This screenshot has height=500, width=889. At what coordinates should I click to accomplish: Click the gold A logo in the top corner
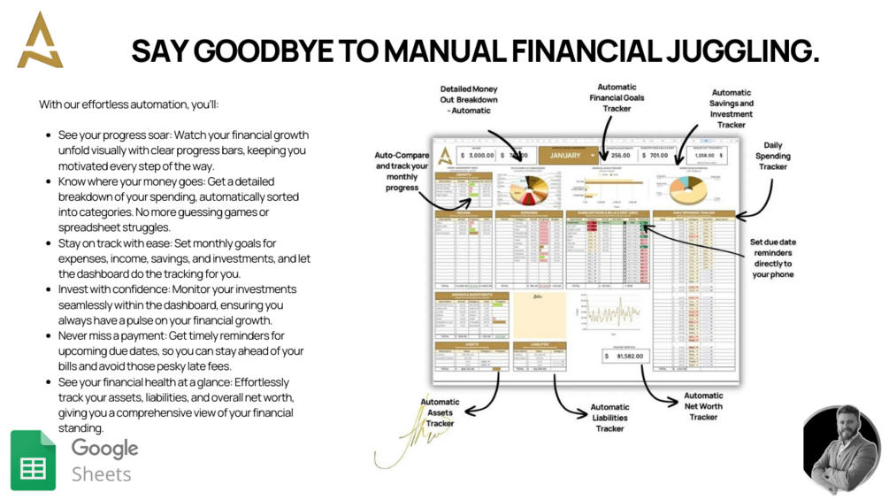(x=40, y=41)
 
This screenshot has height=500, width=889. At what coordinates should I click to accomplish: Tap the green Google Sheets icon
(x=33, y=460)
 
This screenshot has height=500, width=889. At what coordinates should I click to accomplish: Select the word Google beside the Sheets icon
(x=104, y=448)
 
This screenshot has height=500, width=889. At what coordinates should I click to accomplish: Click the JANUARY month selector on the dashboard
(x=566, y=155)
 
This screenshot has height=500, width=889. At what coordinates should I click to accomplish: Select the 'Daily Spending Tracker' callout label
(x=771, y=156)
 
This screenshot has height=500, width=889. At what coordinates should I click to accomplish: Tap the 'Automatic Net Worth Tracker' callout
(x=703, y=406)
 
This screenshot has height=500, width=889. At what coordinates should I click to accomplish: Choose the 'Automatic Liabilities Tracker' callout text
(x=609, y=418)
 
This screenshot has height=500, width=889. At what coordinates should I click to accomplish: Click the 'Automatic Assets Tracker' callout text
(x=440, y=412)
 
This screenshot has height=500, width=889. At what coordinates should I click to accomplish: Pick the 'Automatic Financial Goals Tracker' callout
(x=617, y=97)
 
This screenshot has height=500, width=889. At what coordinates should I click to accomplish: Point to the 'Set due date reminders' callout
(x=773, y=258)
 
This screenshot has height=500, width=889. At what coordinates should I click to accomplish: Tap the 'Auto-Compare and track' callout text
(x=402, y=171)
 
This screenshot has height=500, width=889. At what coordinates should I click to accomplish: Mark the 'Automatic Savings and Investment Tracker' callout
(x=732, y=108)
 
